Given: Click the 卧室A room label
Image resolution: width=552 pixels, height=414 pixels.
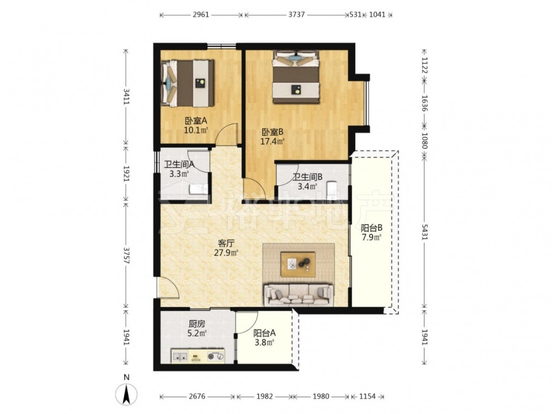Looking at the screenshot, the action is coord(196,121).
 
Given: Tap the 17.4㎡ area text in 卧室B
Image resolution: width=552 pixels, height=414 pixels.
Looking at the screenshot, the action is coord(272,142).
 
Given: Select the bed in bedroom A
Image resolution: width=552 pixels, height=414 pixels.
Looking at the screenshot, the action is coord(187,83).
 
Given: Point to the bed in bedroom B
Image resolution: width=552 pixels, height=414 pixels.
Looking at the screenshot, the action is coord(296,77).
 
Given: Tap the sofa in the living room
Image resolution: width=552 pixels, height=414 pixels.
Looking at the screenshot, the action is coord(299,295).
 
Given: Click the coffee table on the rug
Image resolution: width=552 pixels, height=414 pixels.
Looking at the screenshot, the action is coord(298,264).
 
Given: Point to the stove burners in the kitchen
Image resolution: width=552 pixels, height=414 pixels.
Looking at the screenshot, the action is coord(215,356).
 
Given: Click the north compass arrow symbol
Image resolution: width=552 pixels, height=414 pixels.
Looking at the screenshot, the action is coord(127,394).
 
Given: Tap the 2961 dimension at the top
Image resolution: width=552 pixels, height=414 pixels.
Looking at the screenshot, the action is coord(201,15).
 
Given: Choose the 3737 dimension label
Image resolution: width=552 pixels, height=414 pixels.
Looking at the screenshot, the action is coord(296,15).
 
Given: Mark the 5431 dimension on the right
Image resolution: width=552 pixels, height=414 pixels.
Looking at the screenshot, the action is coord(424,232).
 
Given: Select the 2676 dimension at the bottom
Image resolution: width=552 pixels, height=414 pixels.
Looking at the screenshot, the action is coord(197,396).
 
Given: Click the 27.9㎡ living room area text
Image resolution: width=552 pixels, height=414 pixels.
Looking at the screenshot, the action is coord(226,252).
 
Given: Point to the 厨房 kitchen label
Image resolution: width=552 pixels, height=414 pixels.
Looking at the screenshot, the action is coord(197,324).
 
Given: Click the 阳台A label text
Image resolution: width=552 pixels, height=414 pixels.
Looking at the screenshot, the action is coord(264,333).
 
